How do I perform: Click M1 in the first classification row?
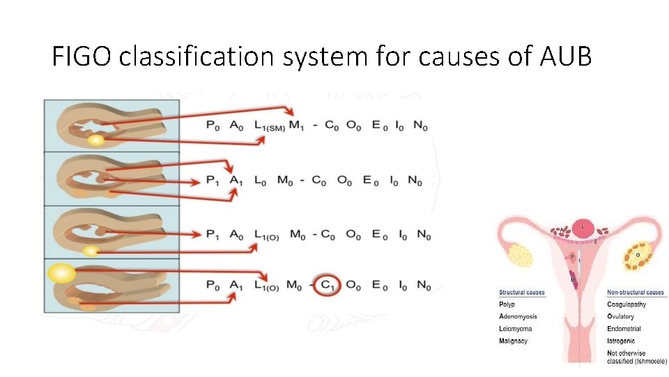[x=298, y=126]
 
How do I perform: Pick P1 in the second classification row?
[x=214, y=182]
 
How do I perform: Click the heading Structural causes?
[x=522, y=293]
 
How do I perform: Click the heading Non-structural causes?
[x=636, y=293]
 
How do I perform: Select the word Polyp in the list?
[x=507, y=305]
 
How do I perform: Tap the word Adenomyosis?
[x=518, y=317]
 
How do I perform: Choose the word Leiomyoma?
[x=515, y=329]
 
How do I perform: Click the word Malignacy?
[x=513, y=341]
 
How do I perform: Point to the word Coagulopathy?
[x=626, y=305]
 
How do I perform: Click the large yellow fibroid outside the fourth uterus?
[x=61, y=272]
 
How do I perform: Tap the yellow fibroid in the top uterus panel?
[x=95, y=140]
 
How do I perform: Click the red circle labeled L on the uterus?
[x=583, y=226]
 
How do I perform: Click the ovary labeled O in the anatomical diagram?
[x=638, y=256]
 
